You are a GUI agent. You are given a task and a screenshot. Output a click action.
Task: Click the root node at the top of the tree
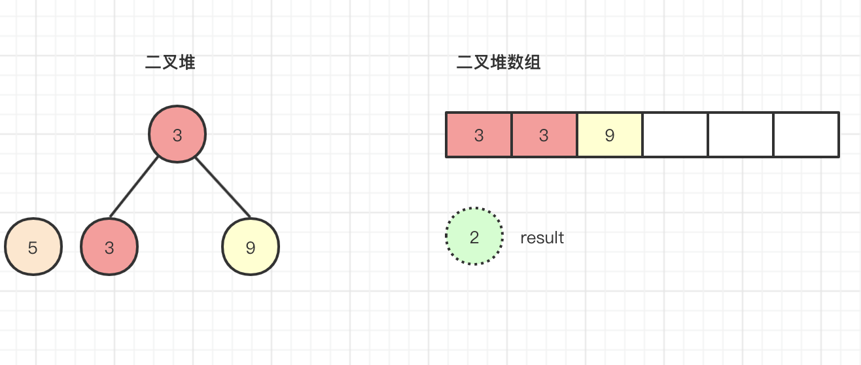coord(177,134)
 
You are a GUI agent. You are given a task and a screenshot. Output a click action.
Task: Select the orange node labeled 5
coord(33,247)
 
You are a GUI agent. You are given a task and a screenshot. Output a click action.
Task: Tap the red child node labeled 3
coord(109,247)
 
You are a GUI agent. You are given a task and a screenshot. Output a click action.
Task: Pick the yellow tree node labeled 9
coord(251,247)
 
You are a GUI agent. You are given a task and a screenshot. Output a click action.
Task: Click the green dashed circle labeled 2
coord(474,236)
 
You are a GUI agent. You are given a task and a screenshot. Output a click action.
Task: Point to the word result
coord(542,238)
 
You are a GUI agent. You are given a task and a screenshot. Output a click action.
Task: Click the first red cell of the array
coord(479,135)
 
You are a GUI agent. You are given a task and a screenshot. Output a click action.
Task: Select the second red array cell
coord(544,135)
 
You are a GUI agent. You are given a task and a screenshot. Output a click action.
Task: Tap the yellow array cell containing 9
coord(610,135)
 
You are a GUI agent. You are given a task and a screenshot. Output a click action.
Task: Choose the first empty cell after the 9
coord(675,135)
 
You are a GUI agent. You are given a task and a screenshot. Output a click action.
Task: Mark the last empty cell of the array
coord(807,135)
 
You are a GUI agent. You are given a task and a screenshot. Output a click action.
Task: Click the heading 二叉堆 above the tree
coord(170,62)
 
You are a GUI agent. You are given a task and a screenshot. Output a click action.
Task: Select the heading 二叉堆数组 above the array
coord(499,62)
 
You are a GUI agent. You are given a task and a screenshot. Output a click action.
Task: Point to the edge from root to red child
coord(133,187)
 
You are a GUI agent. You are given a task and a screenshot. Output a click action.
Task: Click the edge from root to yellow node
coord(223,188)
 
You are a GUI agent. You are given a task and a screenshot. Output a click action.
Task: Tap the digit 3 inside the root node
coord(177,135)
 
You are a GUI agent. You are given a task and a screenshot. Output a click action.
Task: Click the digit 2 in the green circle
coord(474,237)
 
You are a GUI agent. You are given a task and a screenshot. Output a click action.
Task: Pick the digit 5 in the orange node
coord(33,248)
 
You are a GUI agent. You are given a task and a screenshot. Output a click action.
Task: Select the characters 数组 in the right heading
coord(524,62)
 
